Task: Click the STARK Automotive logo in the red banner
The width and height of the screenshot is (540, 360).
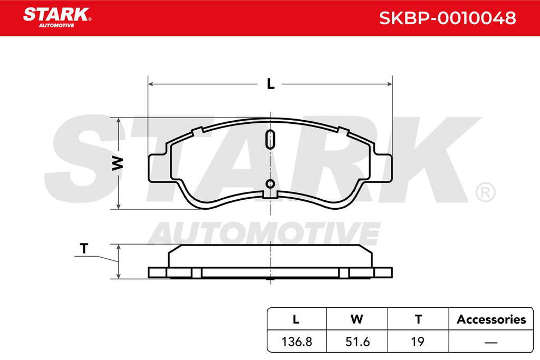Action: click(57, 17)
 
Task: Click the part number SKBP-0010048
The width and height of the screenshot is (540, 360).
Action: click(447, 18)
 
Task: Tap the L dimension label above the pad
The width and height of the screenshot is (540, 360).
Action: click(271, 84)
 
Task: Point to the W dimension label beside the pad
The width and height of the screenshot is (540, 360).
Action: click(118, 163)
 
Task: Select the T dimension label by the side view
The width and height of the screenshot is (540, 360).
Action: click(84, 248)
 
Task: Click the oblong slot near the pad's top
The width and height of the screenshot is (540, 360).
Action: click(271, 139)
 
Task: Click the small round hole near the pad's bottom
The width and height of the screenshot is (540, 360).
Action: click(271, 184)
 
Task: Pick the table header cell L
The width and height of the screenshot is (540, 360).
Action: click(296, 319)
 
